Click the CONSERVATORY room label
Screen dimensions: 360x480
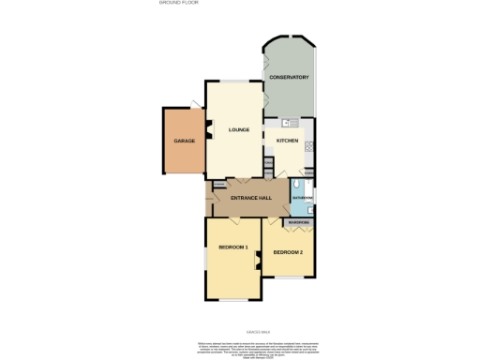click(x=289, y=77)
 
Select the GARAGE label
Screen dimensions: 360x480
click(x=183, y=141)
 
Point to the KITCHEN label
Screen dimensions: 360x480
click(x=287, y=141)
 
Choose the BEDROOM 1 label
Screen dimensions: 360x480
click(x=232, y=247)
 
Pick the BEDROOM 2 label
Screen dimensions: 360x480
click(x=288, y=252)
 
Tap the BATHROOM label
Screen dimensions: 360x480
click(x=302, y=199)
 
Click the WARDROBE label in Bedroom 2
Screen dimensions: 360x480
click(x=299, y=222)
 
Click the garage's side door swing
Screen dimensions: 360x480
click(x=193, y=102)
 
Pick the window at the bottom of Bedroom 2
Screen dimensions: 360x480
click(x=290, y=277)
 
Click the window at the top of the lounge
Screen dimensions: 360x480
click(x=237, y=80)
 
